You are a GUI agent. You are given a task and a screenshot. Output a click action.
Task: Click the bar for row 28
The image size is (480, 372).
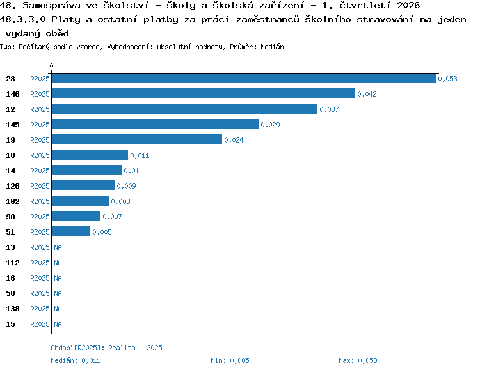coord(244,78)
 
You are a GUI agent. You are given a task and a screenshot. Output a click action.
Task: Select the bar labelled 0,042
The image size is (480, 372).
coord(204,93)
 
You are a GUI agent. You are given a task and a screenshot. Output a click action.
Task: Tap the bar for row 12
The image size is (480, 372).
coord(185,109)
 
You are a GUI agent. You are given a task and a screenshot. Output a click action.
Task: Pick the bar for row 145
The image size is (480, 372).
coord(156,124)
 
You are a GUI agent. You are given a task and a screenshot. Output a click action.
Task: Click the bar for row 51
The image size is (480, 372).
coord(71,231)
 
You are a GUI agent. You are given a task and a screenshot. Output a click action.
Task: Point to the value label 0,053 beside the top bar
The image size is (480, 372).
coord(447,79)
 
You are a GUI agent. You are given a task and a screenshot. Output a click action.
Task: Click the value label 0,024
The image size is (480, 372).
coord(234,140)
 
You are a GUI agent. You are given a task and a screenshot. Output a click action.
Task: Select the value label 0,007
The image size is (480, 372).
coord(113,217)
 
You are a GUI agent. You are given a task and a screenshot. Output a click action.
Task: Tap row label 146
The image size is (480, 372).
coord(13,94)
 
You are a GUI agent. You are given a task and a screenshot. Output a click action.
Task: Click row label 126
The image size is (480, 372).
coord(13,186)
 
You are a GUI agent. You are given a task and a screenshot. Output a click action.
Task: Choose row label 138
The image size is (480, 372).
coord(13,309)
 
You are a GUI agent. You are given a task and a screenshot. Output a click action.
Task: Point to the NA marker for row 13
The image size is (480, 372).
coord(58,247)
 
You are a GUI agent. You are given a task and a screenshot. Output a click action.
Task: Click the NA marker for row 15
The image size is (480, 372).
coord(58,324)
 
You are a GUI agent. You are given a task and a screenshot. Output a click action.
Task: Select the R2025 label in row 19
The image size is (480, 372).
coord(40,140)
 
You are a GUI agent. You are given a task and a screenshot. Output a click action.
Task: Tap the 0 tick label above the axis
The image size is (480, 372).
coord(51,66)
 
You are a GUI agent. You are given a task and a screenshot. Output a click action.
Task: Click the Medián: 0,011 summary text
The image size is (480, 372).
coord(76,360)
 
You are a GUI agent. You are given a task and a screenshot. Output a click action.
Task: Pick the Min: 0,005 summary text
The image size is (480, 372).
coord(230,360)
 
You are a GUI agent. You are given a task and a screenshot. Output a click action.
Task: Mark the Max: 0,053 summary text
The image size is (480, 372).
coord(358,360)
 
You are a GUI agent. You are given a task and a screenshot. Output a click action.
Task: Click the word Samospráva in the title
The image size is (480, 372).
coord(51,5)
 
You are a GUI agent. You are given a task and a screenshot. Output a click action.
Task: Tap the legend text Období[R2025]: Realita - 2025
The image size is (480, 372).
coord(106,348)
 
